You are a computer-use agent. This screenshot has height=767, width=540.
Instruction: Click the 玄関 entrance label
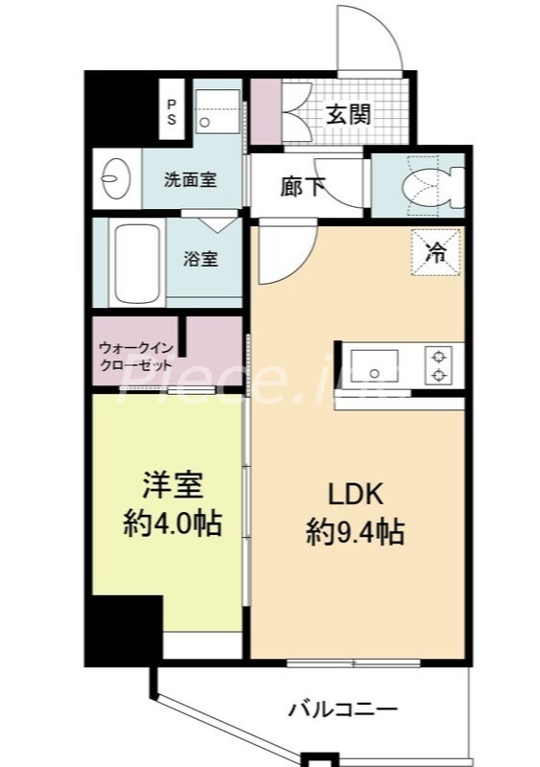[348, 114]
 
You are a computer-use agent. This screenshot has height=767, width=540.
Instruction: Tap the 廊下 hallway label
[302, 187]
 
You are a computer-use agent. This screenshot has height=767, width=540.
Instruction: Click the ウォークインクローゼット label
[135, 357]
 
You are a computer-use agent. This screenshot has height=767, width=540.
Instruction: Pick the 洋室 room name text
[172, 486]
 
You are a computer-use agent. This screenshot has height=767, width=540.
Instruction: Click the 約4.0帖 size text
[172, 523]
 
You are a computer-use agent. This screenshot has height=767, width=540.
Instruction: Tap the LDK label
[356, 494]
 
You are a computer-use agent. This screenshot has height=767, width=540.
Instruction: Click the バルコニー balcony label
[342, 709]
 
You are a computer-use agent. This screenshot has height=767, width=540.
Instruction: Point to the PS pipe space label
[172, 111]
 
